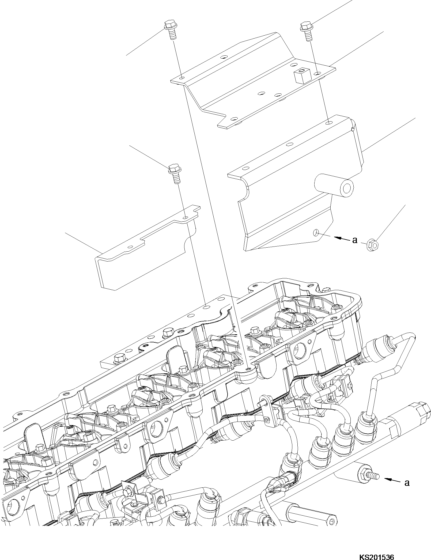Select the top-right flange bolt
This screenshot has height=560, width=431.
coord(306,31)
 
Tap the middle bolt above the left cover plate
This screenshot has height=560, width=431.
coord(174,173)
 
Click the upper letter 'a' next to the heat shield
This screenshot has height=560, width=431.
coord(355,240)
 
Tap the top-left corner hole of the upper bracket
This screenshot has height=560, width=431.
coord(182,78)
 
